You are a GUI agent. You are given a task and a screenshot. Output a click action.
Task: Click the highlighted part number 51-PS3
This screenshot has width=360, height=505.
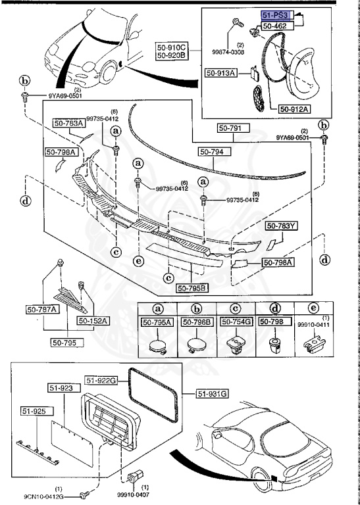click(x=274, y=14)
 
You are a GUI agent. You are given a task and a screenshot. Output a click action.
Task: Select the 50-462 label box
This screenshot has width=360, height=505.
click(x=275, y=26)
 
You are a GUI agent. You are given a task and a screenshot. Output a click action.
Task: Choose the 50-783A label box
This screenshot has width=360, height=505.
click(x=68, y=123)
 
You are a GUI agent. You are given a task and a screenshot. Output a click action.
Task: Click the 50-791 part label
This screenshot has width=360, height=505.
click(x=236, y=129)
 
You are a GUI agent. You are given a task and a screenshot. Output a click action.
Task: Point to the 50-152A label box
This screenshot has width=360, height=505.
click(x=93, y=320)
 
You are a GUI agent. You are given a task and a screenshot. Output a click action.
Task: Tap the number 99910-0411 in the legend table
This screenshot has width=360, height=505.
click(x=313, y=324)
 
